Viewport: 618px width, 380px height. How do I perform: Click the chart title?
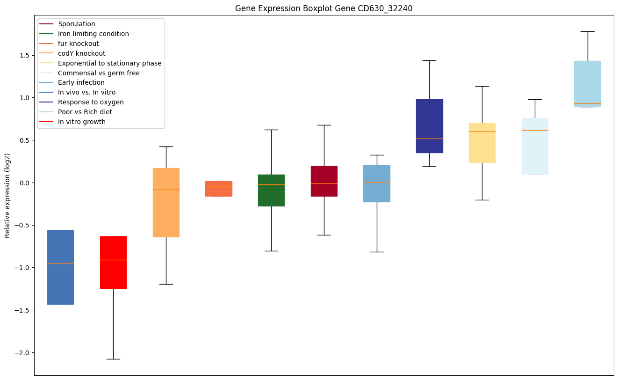coord(324,8)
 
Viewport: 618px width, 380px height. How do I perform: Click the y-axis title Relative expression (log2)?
coord(7,195)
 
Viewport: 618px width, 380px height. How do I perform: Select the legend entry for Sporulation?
coord(77,24)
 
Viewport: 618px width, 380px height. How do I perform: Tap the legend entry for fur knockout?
coord(79,44)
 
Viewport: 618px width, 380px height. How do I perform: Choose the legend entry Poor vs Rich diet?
coord(85,112)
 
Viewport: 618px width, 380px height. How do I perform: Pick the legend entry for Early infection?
coord(81,82)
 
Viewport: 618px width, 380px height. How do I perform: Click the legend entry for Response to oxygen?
coord(91,102)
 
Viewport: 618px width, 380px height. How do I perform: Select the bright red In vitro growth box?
coord(113,262)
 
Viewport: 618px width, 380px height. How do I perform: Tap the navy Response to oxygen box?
coord(429,126)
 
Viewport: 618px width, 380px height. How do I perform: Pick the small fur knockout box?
coord(218,189)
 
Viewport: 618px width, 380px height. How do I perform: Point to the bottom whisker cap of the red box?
coord(113,359)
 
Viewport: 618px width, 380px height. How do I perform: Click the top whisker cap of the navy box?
coord(429,60)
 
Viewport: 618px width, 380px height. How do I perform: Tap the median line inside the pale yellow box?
coord(482,132)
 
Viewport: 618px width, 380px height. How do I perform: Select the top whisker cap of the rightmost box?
coord(587,31)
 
